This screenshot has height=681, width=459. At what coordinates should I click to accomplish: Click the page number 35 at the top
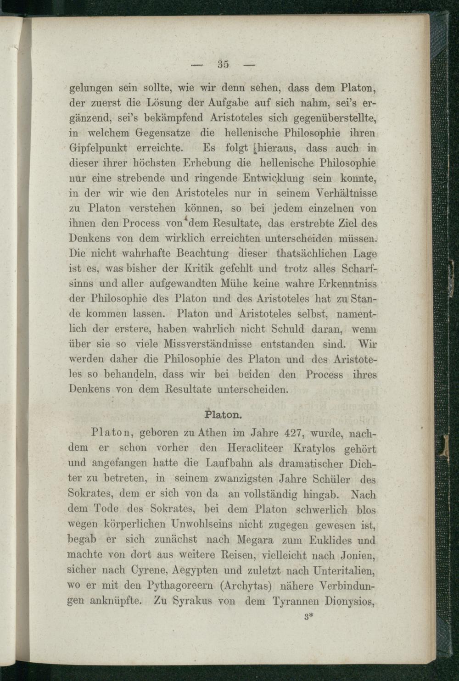[x=224, y=64]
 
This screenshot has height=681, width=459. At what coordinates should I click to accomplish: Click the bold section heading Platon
[x=222, y=414]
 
